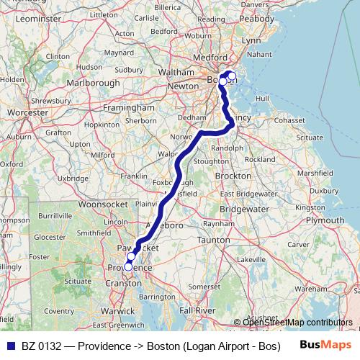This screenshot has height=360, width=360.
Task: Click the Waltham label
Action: click(179, 72)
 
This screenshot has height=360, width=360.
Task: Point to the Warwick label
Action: click(118, 311)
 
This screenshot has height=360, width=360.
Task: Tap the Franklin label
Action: click(135, 176)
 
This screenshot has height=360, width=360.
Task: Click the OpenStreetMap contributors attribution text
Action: click(297, 322)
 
